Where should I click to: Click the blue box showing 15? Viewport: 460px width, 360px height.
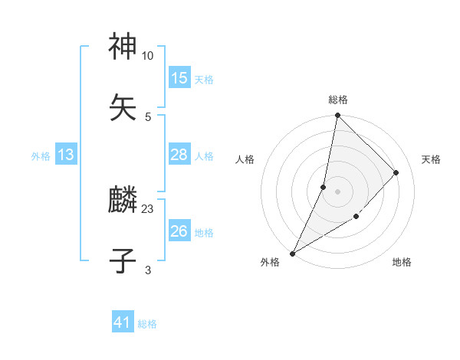pos(179,78)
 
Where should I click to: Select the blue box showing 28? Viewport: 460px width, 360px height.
pos(179,155)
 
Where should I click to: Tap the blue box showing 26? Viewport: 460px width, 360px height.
pos(179,231)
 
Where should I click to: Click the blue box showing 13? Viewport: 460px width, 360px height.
pos(66,155)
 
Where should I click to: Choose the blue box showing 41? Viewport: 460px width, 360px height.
pos(123,323)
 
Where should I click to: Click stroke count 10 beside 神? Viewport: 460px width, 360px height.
pos(148,56)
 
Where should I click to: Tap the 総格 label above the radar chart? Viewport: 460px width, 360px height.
pos(338,100)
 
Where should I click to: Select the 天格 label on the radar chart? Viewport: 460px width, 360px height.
pos(432,159)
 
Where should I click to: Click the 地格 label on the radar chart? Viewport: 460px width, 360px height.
pos(402,263)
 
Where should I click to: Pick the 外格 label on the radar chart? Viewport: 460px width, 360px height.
pos(270,263)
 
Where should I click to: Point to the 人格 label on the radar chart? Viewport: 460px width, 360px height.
pos(245,159)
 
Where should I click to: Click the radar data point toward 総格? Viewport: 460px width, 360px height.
pos(337,115)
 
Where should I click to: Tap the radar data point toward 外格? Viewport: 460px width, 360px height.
pos(292,254)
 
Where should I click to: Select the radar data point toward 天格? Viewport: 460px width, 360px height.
pos(396,172)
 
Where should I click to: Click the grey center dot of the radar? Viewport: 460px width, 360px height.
pos(337,191)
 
